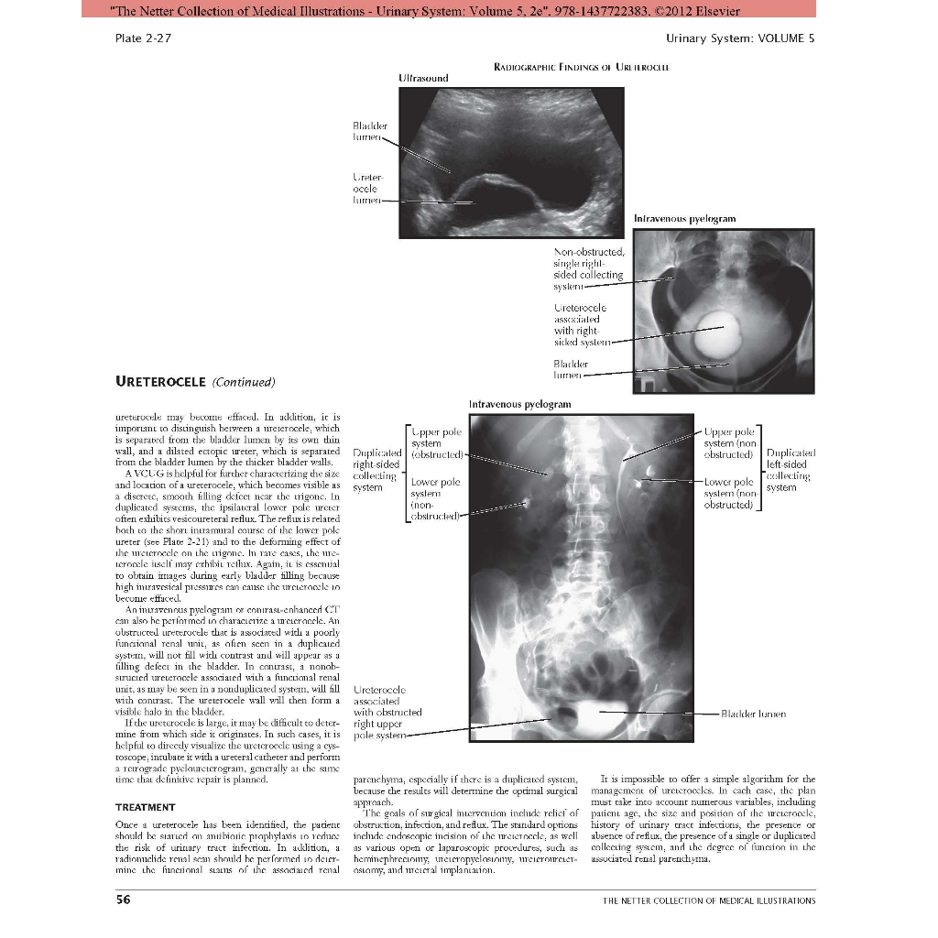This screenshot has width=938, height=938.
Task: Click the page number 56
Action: pos(123,900)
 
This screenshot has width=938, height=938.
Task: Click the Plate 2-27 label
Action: pos(142,38)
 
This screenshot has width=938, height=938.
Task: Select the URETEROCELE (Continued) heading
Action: pos(194,381)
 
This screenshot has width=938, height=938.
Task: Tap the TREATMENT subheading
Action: pos(145,807)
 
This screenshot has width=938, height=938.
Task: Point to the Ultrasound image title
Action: pos(424,78)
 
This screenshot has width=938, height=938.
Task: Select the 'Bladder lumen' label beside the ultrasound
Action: pos(369,131)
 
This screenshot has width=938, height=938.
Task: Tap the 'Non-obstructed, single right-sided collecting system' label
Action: pos(589,268)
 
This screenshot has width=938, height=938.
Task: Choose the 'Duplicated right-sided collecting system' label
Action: pos(376,470)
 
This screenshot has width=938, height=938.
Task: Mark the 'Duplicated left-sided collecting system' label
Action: pos(790,470)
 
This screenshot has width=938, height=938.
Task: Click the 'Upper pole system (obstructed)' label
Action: pos(438,442)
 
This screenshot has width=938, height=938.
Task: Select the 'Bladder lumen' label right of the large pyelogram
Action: pos(753,714)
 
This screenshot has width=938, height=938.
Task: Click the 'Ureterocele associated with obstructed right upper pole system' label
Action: pos(387,712)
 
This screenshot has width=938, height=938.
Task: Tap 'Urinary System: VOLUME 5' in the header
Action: pos(740,38)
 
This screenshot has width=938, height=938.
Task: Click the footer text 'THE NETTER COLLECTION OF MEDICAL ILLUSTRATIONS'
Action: pos(708,900)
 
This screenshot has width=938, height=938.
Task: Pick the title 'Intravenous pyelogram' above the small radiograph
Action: pos(684,219)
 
